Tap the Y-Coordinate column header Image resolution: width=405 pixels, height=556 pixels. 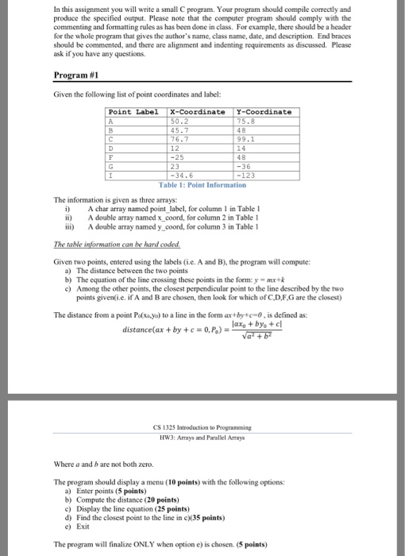pos(264,112)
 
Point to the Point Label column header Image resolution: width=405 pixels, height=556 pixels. pos(133,112)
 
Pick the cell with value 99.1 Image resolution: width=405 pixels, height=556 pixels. pos(247,139)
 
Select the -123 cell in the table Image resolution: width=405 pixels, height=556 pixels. pos(247,174)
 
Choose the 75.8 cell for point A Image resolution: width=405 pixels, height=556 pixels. pos(247,122)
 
